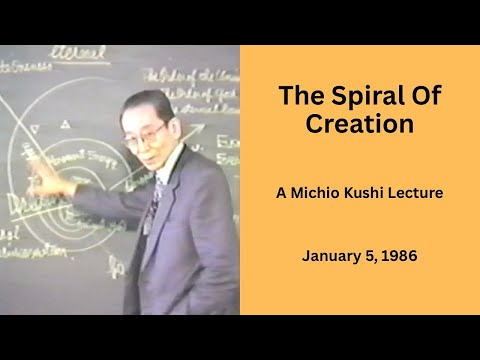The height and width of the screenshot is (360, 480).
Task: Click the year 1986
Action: coord(398,256)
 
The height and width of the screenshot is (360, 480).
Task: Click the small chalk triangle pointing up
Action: coord(66,124)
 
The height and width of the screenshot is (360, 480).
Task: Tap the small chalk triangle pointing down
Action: coord(37,127)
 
